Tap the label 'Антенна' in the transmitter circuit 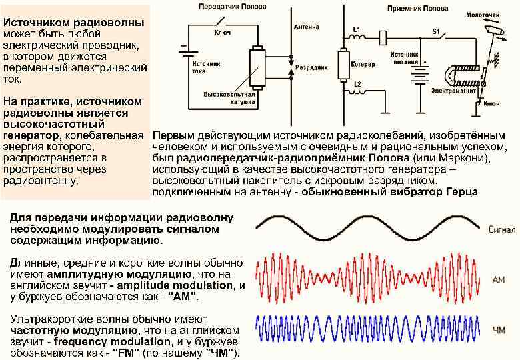click(306, 27)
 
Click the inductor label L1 click(357, 30)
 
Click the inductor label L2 click(357, 84)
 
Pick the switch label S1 click(436, 31)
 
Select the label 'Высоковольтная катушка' click(226, 98)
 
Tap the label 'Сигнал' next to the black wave click(501, 230)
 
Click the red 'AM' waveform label click(498, 280)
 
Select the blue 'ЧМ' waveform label click(499, 330)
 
